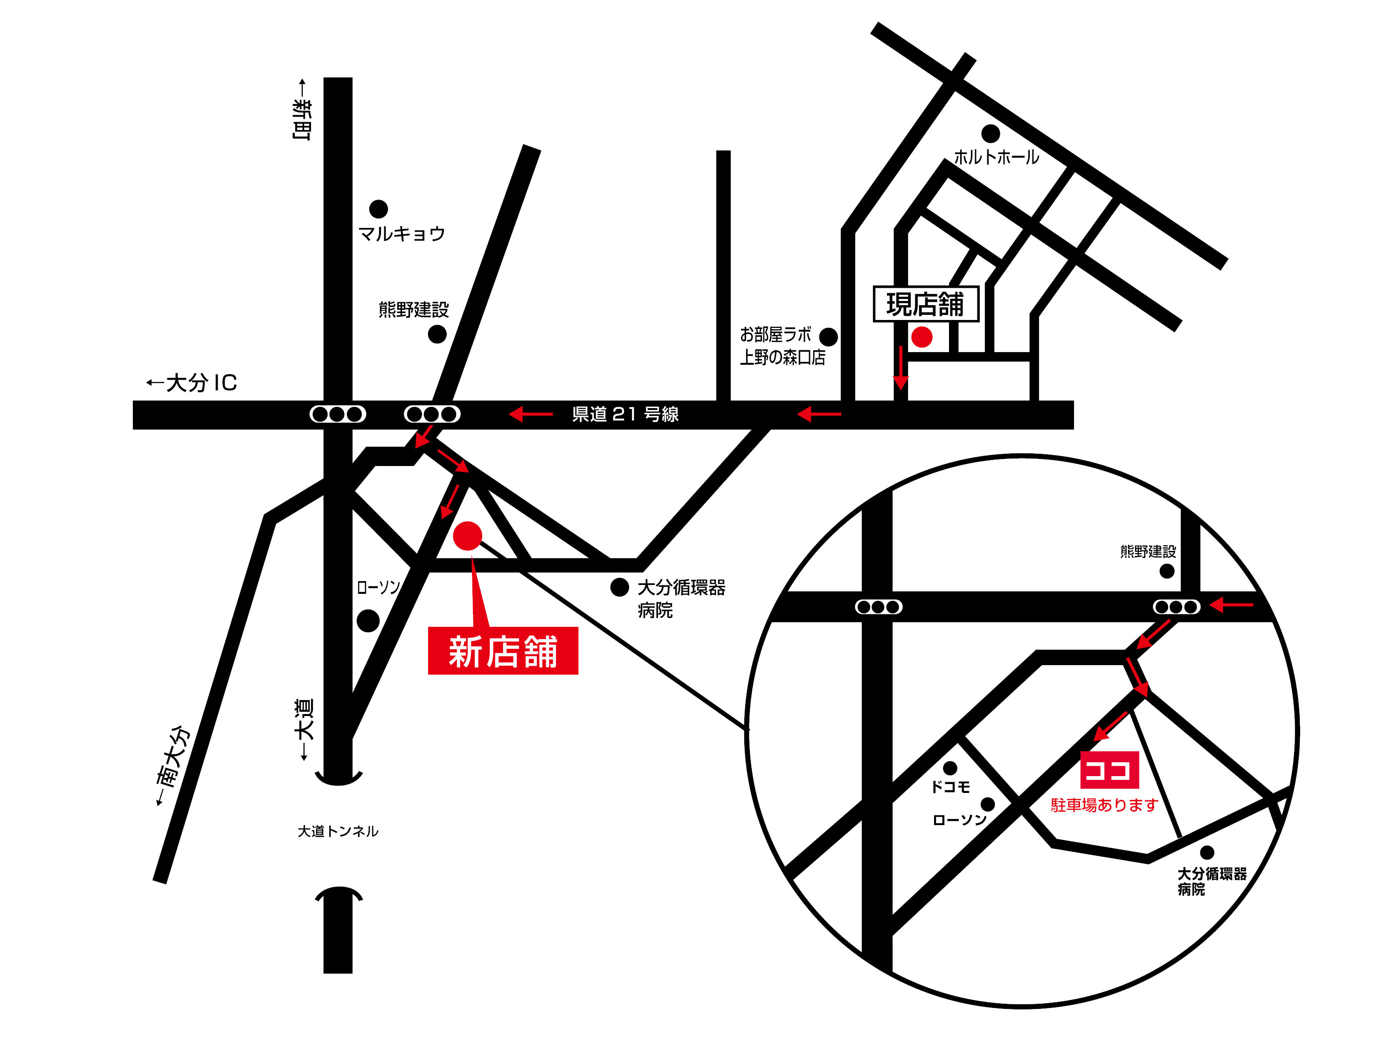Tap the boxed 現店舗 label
pos(925,304)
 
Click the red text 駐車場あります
pos(1104,805)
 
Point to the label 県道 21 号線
pos(625,414)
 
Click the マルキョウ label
pos(402,234)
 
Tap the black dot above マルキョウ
pos(378,209)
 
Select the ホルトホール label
pos(996,157)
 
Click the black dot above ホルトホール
pos(990,133)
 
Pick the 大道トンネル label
pos(338,831)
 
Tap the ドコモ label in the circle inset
pos(950,787)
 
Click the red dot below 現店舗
pos(921,337)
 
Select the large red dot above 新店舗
pos(467,536)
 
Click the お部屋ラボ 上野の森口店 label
pos(783,346)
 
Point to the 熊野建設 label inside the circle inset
pos(1148,552)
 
